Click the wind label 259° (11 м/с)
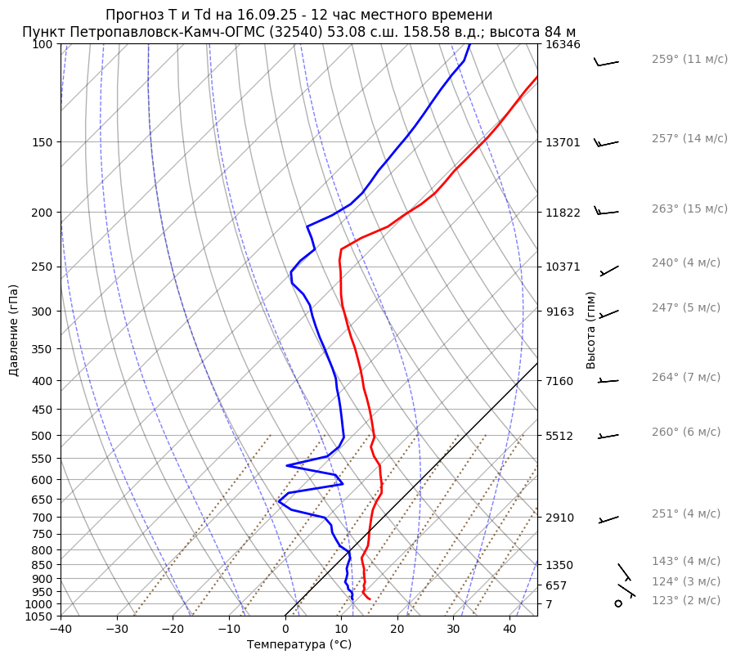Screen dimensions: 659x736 tap(689, 60)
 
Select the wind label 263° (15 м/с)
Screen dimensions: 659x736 tap(689, 209)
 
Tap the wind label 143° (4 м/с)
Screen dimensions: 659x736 tap(686, 562)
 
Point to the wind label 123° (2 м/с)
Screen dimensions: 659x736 tap(686, 601)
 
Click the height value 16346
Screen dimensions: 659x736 tap(563, 45)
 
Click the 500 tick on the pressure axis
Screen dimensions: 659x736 tap(43, 436)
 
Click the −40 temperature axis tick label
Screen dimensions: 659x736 tap(61, 630)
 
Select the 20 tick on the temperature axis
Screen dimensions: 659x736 tap(397, 630)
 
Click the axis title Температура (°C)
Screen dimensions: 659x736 tap(299, 645)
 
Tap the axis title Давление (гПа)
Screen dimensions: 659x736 tap(14, 330)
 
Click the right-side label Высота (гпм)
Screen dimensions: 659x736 tap(591, 330)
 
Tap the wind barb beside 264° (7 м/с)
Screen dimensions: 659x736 tap(608, 380)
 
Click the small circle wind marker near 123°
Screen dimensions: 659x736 tap(617, 603)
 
